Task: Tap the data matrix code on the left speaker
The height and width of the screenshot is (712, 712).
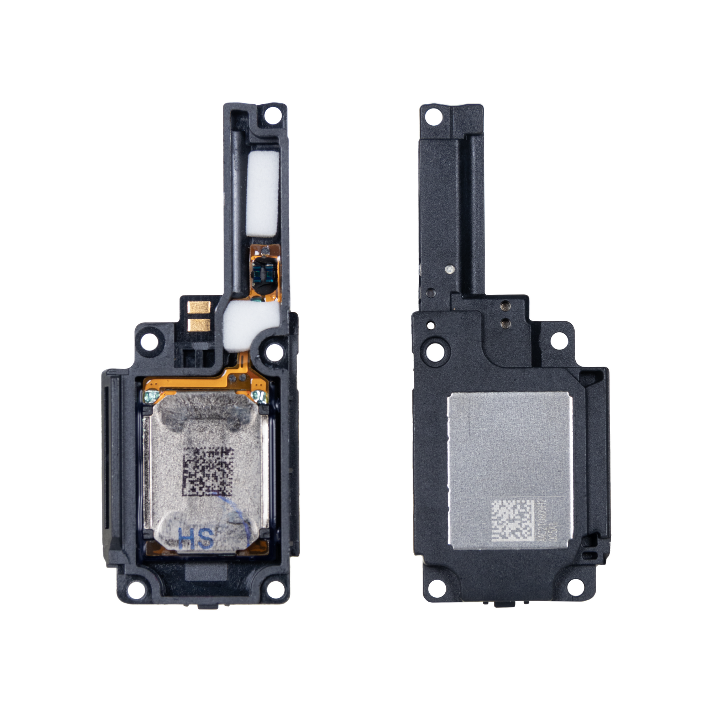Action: coord(209,471)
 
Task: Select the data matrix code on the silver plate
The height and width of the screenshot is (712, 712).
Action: coord(513,520)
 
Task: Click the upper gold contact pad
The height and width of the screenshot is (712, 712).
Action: coord(199,306)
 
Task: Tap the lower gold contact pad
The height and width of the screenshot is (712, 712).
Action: coord(199,324)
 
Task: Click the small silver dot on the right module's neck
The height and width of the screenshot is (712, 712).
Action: coord(448,269)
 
